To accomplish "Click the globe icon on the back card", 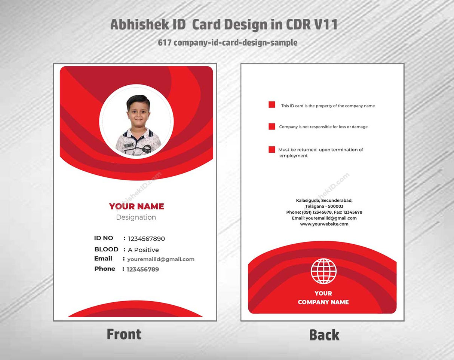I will tap(323, 271).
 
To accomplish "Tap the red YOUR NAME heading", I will tap(136, 206).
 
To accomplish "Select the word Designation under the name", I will tap(136, 217).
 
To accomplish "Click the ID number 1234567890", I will tap(146, 239).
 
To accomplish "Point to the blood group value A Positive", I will tap(143, 250).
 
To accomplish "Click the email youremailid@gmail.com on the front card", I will tap(161, 259).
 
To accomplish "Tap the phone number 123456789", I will tap(142, 269).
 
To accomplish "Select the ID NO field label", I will tap(104, 238).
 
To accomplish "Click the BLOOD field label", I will tap(106, 249).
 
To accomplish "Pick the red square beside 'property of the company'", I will tap(272, 105).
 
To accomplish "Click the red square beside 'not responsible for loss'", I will tap(272, 126).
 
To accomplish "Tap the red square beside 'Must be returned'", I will tap(272, 150).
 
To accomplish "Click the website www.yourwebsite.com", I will tap(324, 224).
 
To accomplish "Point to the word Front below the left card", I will tap(124, 334).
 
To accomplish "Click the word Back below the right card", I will tap(324, 335).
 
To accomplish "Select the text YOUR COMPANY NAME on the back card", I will tap(323, 298).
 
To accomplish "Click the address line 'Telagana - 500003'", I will tap(324, 206).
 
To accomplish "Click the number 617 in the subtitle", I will tap(165, 43).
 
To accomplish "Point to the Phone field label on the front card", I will tap(105, 269).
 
